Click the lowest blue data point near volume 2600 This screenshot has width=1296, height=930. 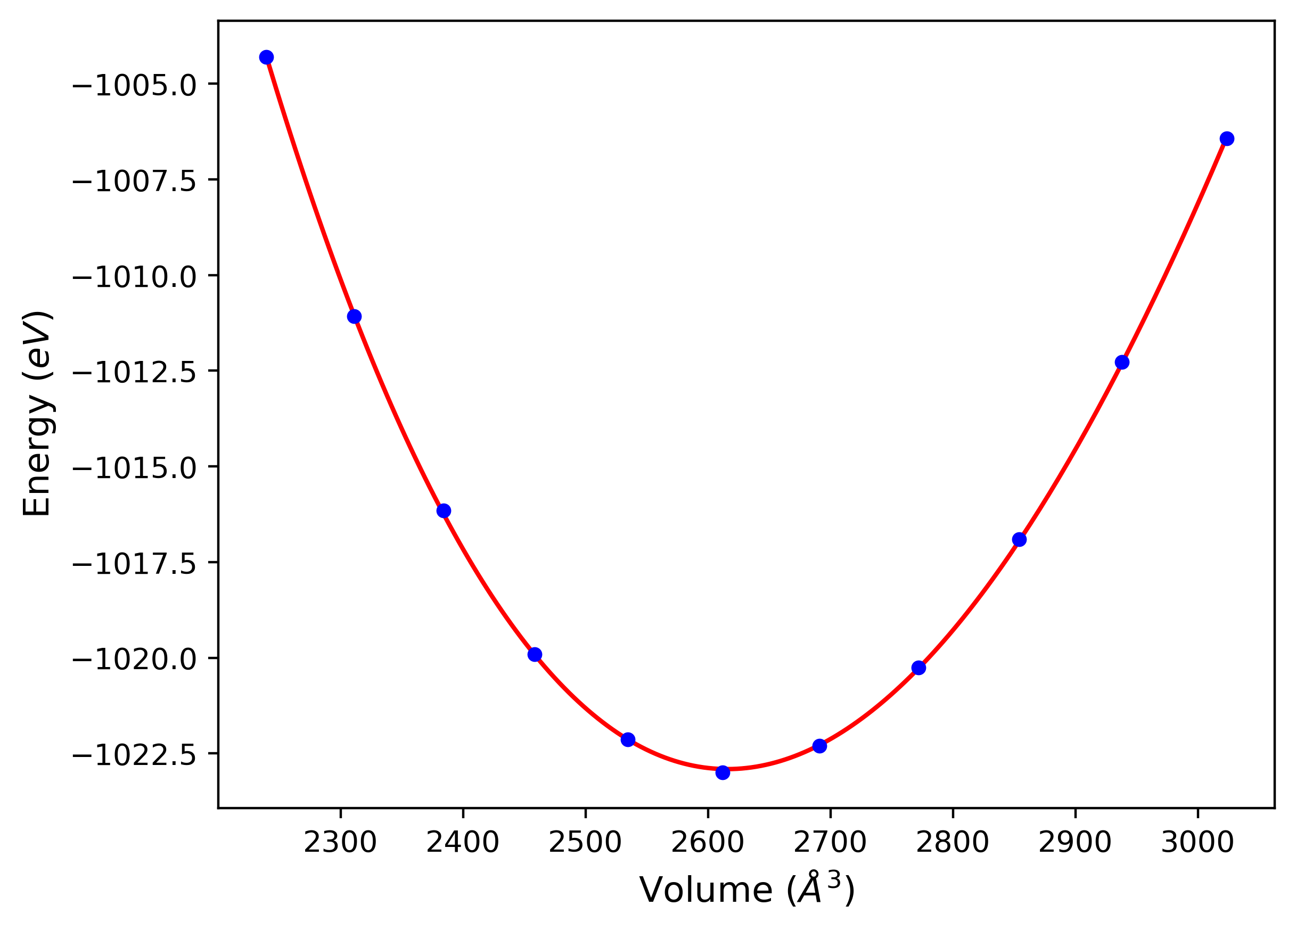(x=723, y=772)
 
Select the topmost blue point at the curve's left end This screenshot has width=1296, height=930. (x=266, y=57)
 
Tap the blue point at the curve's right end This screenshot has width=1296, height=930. (x=1227, y=139)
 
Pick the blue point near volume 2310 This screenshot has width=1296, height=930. (x=354, y=316)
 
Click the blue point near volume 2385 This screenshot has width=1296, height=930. (x=444, y=511)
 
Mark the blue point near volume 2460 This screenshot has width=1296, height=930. (x=535, y=655)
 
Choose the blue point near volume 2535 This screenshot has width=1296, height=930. (x=628, y=740)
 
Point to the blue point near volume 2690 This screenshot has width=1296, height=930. (x=819, y=746)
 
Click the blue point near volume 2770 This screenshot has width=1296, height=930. (x=918, y=668)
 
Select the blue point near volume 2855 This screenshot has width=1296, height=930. (x=1019, y=540)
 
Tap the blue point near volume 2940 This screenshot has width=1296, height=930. (x=1122, y=362)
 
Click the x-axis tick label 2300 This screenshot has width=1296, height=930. (x=340, y=843)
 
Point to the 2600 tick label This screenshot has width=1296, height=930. (x=708, y=843)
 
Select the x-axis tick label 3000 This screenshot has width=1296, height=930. (x=1197, y=843)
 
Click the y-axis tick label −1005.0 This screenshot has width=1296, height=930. (x=134, y=86)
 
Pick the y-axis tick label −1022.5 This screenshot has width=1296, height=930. (x=134, y=755)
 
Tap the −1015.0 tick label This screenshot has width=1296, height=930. (x=134, y=468)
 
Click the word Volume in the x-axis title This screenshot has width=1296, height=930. (x=706, y=890)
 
